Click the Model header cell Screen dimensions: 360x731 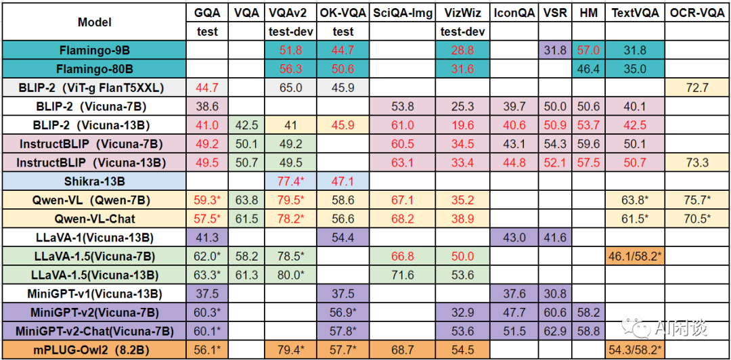tap(95, 22)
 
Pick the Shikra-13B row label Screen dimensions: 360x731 tap(95, 181)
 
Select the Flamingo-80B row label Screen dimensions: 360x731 tap(95, 68)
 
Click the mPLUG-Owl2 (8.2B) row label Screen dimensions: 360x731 tap(95, 351)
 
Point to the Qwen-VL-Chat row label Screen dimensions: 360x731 tap(95, 219)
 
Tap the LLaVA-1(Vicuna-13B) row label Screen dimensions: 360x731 tap(95, 238)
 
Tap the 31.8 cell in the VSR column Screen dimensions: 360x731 tap(555, 50)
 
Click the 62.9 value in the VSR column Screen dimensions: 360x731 tap(555, 332)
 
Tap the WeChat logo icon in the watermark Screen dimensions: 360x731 tap(639, 328)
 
